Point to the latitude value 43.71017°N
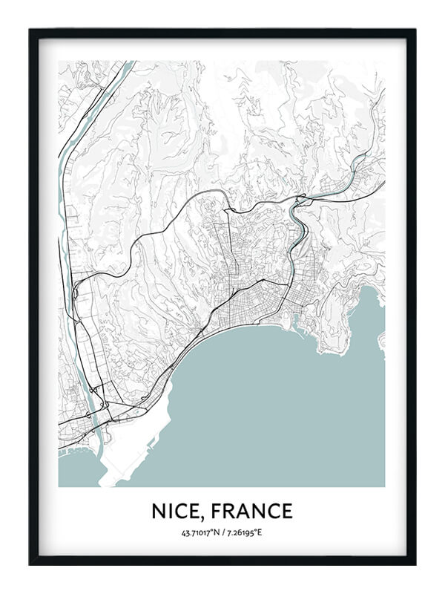click(200, 532)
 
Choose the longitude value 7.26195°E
click(245, 532)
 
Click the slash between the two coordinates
click(223, 532)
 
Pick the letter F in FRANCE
click(214, 511)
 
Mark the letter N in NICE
click(159, 511)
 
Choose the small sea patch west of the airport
click(74, 468)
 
